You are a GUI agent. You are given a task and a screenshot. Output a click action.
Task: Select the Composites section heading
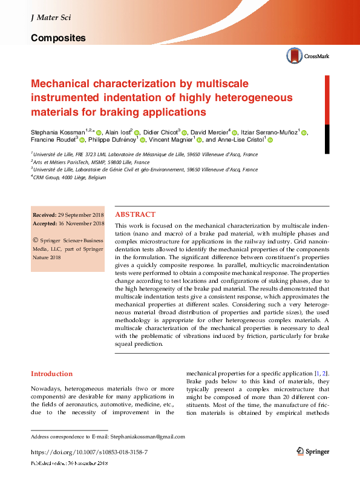click(x=58, y=38)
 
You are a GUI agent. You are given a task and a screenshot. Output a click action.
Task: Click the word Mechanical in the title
click(x=65, y=84)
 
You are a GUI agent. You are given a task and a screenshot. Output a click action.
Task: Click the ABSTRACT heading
click(x=135, y=214)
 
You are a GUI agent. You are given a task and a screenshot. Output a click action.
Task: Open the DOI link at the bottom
click(x=89, y=452)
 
